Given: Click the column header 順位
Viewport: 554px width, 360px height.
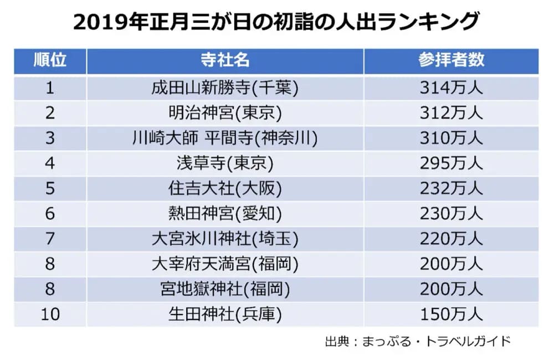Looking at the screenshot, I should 50,60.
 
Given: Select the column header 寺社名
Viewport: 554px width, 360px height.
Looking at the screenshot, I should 225,60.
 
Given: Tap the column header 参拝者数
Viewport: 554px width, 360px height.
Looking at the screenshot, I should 451,60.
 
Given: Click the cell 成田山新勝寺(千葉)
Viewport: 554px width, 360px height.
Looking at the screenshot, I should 225,88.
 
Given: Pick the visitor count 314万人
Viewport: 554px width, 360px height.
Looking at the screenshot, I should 451,88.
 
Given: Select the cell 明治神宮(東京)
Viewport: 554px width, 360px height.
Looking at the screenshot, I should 225,113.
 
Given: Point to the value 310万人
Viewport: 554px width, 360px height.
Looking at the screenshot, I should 451,138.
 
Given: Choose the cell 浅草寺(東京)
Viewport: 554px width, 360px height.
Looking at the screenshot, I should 225,163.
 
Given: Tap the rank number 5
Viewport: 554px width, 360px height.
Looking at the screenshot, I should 50,189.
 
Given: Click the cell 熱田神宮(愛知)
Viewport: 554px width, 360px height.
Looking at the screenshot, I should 225,214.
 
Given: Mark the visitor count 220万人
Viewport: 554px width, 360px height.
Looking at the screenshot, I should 451,239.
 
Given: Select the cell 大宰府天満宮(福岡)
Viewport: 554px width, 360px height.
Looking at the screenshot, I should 225,264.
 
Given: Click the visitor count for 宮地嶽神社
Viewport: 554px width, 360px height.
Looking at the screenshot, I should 451,289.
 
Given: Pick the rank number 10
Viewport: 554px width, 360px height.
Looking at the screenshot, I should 50,315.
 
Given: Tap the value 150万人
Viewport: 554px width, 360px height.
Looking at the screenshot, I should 451,315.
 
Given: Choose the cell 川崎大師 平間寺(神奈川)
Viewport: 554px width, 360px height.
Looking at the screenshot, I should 225,138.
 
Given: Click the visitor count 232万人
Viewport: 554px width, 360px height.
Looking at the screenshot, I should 451,189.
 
